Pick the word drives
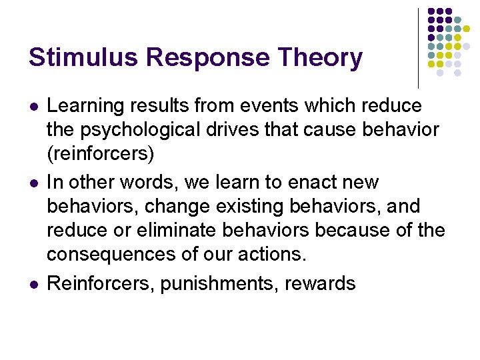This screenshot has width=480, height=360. point(257,130)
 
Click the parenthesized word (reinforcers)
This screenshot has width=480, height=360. point(101,154)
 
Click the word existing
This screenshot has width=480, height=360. point(249,206)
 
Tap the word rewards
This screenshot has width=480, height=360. point(320,283)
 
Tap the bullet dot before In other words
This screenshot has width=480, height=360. point(33,183)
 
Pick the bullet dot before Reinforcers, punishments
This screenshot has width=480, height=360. point(33,284)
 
